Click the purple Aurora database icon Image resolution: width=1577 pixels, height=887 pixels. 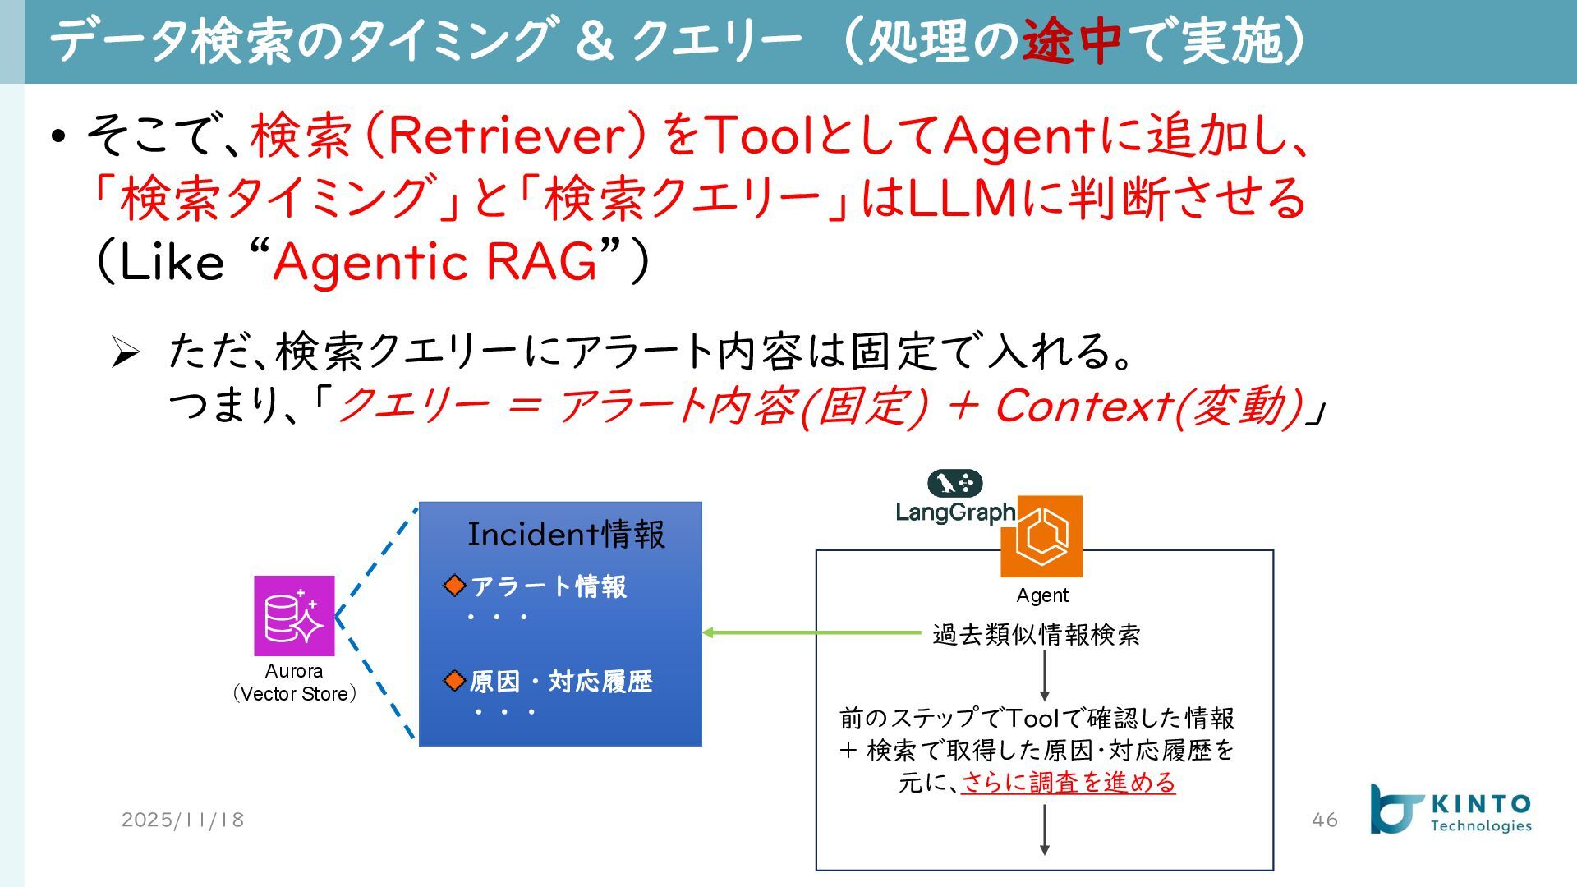point(294,615)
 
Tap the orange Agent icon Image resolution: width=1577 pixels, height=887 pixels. point(1041,536)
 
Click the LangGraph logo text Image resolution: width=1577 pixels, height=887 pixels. point(954,512)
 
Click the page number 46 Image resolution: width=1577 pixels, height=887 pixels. point(1325,820)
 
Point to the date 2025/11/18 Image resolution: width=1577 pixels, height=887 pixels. point(182,820)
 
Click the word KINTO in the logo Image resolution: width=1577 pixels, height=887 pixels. point(1481,804)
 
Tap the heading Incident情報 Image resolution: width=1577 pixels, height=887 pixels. point(566,535)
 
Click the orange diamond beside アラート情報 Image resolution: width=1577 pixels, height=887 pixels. point(454,586)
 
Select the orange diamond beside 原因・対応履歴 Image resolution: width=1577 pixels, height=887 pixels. point(454,681)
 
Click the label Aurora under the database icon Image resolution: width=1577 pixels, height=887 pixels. point(294,671)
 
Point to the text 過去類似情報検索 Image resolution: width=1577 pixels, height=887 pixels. point(1036,635)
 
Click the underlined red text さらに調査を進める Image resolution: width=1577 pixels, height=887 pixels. point(1068,782)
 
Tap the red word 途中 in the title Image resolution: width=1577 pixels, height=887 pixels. point(1071,41)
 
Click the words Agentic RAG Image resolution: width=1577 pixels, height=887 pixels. point(435,263)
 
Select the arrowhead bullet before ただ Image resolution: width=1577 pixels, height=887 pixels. point(126,352)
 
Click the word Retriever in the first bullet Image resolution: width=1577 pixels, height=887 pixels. point(501,136)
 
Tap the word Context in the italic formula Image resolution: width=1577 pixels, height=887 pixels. point(1083,406)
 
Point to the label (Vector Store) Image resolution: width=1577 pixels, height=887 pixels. point(294,694)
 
